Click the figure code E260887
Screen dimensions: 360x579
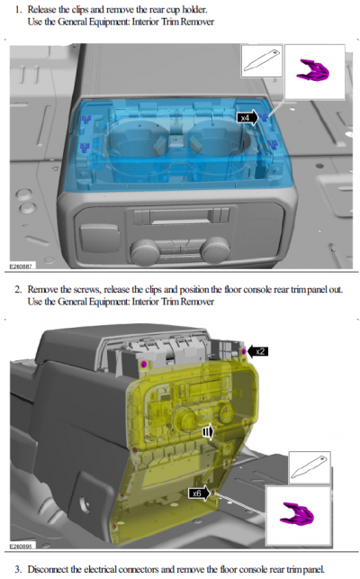pos(21,266)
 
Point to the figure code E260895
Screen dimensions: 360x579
pos(21,546)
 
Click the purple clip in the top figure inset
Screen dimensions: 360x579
pos(312,70)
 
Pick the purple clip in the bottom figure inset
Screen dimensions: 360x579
pos(297,513)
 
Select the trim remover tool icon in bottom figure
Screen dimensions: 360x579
pos(309,467)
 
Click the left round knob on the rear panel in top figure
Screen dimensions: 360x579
pos(145,251)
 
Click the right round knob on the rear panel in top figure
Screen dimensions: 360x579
pos(215,249)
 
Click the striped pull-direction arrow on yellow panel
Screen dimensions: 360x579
pos(208,431)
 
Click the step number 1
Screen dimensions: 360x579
pos(18,9)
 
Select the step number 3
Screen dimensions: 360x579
pos(18,569)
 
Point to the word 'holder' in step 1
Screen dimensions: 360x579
pos(193,9)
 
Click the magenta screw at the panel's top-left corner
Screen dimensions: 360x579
pos(144,365)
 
